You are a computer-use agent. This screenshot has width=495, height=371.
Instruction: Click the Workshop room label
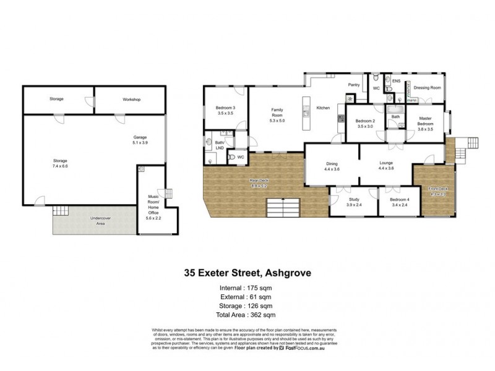tap(131, 100)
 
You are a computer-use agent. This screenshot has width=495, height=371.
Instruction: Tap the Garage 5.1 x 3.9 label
tap(140, 140)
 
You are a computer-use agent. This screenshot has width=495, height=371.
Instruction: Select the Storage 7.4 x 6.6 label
tap(60, 164)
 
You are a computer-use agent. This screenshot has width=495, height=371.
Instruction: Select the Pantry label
tap(354, 85)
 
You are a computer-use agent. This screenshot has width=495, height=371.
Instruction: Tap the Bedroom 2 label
tap(366, 123)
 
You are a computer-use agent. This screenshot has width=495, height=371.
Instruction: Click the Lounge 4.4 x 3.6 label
tap(386, 166)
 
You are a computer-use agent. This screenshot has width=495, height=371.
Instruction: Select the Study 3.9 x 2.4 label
tap(354, 203)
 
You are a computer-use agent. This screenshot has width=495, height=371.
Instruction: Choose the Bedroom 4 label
tap(399, 203)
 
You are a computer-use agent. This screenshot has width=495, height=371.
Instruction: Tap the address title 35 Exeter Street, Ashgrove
tap(247, 271)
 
